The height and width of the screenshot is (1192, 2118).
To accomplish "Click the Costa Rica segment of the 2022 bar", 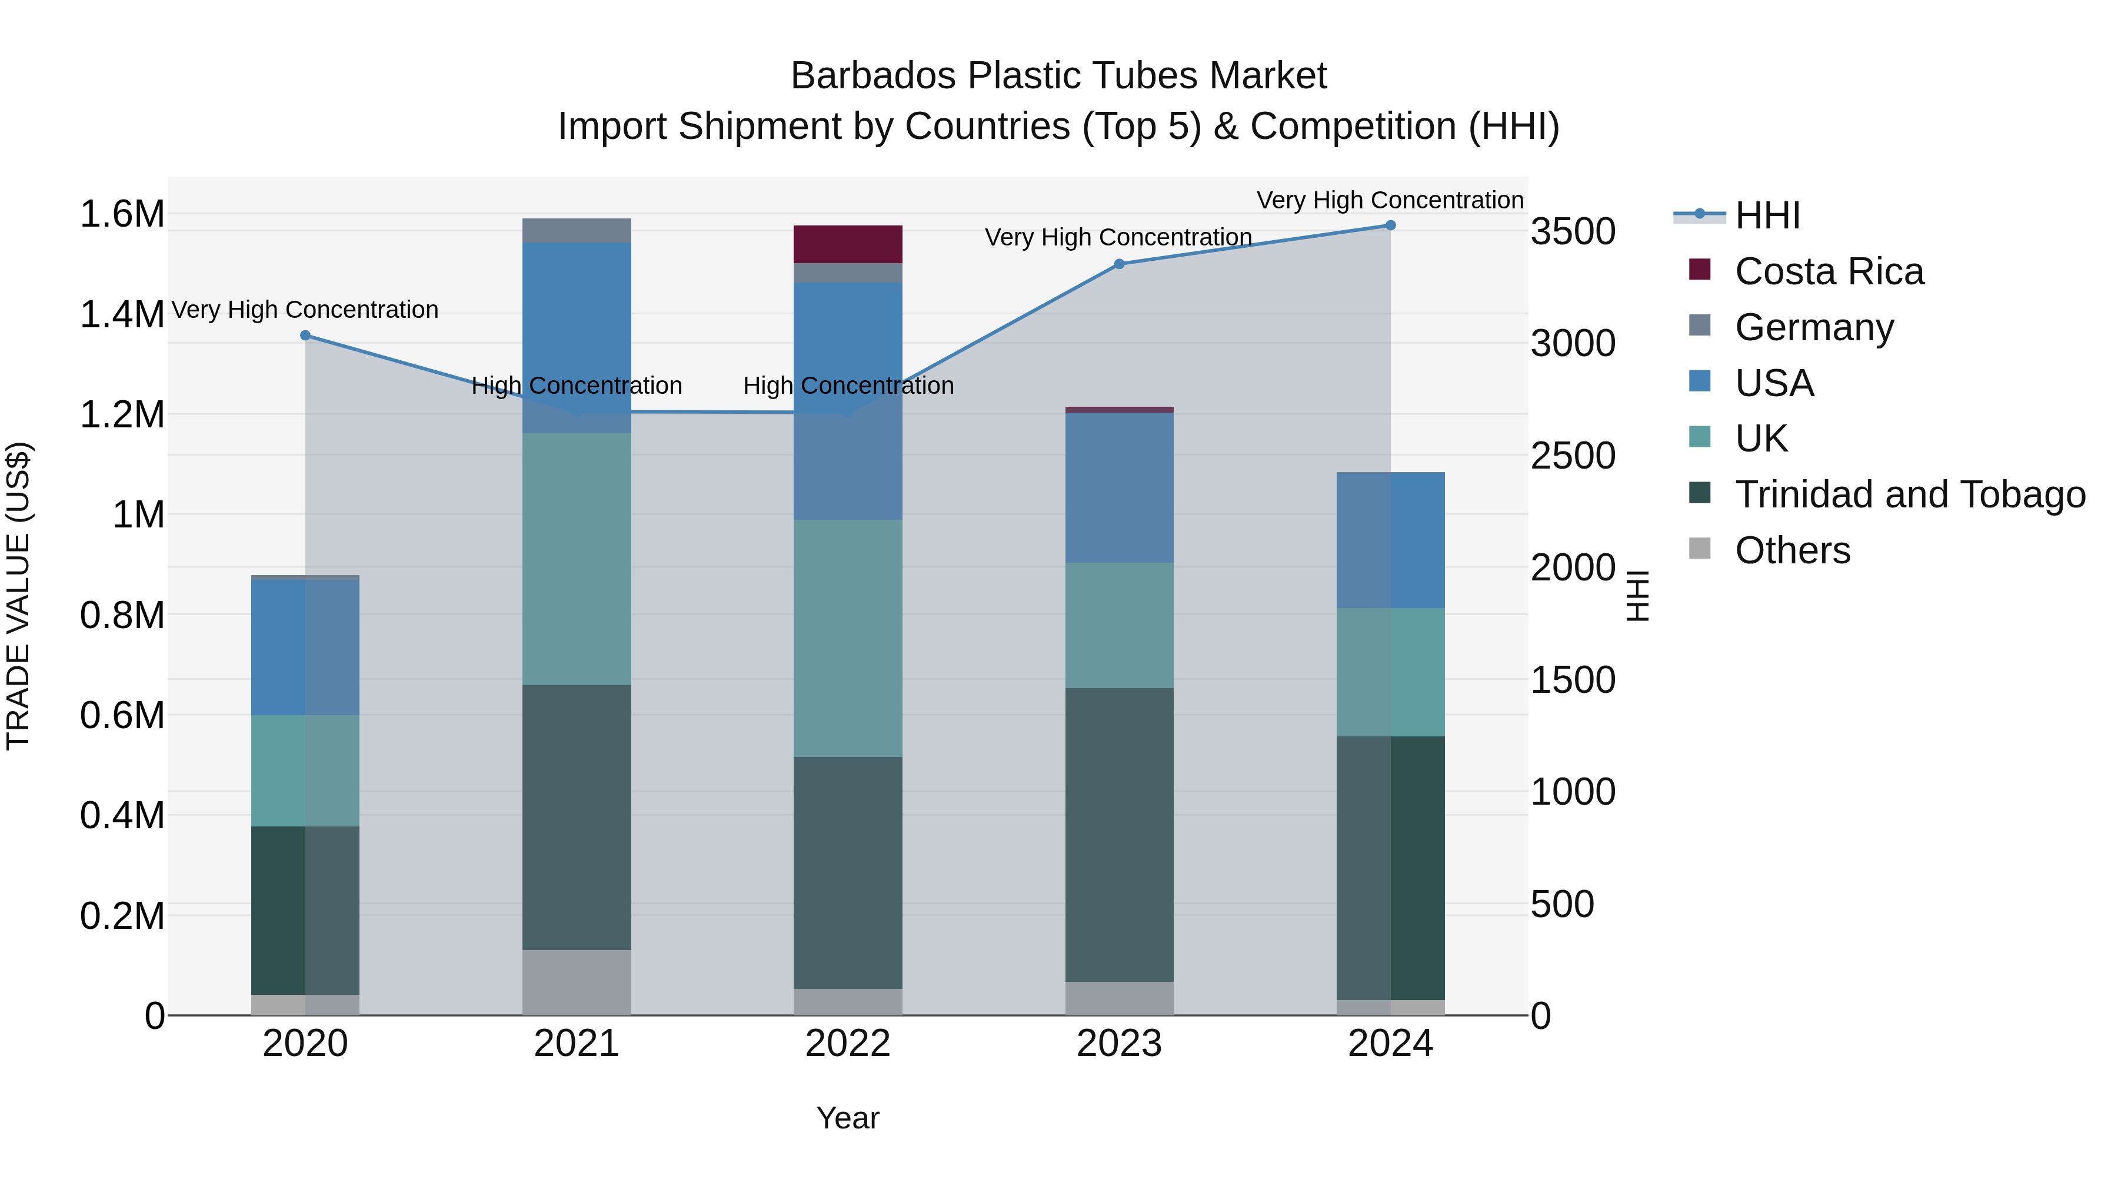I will click(x=848, y=244).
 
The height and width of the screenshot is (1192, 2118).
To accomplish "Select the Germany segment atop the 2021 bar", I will click(x=577, y=230).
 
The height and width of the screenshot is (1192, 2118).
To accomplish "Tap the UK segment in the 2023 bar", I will click(x=1119, y=625).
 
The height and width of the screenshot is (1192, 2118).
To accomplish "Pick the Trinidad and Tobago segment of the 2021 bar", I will click(x=577, y=817).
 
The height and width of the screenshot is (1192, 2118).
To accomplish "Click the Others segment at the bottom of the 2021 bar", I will click(x=577, y=982).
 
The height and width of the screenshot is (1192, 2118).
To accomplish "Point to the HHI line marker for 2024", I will click(x=1390, y=225).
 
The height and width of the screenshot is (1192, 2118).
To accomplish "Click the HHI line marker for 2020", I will click(x=305, y=336).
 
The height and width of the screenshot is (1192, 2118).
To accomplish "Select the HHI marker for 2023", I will click(x=1119, y=264).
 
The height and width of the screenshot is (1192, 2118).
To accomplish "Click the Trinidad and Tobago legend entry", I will click(x=1909, y=494).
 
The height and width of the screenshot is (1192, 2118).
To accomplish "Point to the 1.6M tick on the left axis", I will click(x=122, y=214).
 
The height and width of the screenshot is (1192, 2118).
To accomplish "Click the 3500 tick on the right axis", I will click(x=1572, y=231).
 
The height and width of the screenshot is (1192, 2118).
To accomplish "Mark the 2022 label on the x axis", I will click(x=848, y=1044).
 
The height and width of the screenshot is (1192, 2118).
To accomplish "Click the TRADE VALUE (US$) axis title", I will click(x=18, y=596).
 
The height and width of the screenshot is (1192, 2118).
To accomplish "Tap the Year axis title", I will click(x=848, y=1118).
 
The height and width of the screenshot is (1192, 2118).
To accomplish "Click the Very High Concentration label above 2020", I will click(x=305, y=310).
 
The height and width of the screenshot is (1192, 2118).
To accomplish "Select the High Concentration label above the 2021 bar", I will click(x=577, y=386).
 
